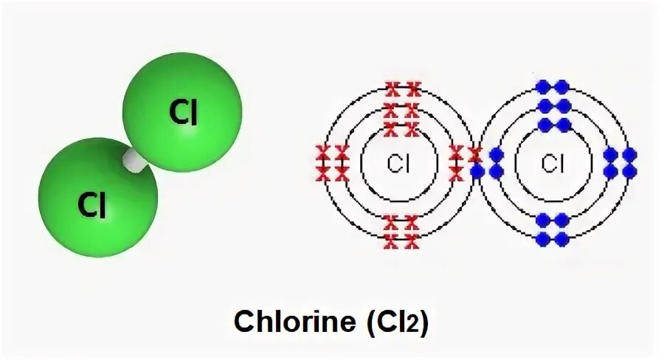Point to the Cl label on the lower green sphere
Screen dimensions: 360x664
(x=92, y=206)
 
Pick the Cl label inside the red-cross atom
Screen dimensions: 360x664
(x=398, y=164)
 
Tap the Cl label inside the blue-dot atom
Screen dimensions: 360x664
(x=553, y=164)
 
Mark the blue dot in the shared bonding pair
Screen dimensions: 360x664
(x=477, y=172)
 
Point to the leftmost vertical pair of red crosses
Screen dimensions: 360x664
(x=322, y=163)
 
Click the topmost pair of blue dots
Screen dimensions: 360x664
(x=553, y=88)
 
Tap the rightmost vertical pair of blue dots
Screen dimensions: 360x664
(x=629, y=163)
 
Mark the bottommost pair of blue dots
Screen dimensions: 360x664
(x=553, y=239)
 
